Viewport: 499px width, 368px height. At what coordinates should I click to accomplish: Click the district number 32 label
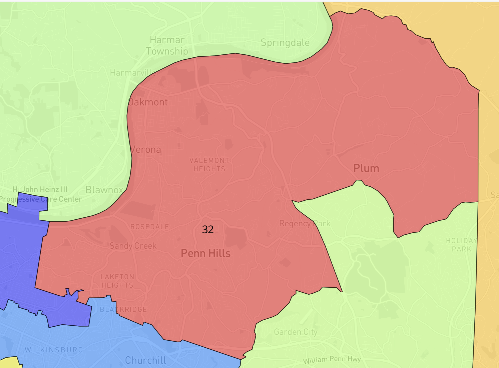pyautogui.click(x=208, y=229)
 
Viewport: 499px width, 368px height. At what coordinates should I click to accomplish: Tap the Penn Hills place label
pyautogui.click(x=205, y=253)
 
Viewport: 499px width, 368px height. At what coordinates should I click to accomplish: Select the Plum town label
pyautogui.click(x=366, y=168)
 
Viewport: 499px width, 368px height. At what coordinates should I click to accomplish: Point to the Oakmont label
pyautogui.click(x=148, y=102)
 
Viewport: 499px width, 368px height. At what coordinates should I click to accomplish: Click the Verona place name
pyautogui.click(x=146, y=149)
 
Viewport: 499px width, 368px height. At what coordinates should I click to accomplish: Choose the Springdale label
pyautogui.click(x=285, y=43)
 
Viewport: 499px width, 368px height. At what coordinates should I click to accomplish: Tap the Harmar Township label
pyautogui.click(x=167, y=45)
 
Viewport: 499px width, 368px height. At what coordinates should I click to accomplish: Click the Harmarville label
pyautogui.click(x=133, y=73)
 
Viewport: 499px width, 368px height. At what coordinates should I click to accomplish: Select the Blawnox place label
pyautogui.click(x=104, y=190)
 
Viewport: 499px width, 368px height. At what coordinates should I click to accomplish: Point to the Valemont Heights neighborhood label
pyautogui.click(x=209, y=165)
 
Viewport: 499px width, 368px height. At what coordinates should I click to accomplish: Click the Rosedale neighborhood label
pyautogui.click(x=150, y=227)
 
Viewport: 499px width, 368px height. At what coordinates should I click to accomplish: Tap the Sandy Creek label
pyautogui.click(x=133, y=246)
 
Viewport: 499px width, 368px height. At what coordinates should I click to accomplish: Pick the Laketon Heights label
pyautogui.click(x=117, y=281)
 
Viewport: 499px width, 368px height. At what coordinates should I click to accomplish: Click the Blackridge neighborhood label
pyautogui.click(x=123, y=309)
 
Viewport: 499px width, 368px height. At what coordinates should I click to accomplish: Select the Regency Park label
pyautogui.click(x=305, y=223)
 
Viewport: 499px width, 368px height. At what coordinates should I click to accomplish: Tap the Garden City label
pyautogui.click(x=296, y=332)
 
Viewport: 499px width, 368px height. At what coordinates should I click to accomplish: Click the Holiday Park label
pyautogui.click(x=461, y=245)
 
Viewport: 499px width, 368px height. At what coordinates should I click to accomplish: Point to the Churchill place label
pyautogui.click(x=145, y=360)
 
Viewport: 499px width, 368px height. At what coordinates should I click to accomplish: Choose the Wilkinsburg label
pyautogui.click(x=54, y=350)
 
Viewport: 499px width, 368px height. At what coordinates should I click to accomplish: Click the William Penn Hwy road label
pyautogui.click(x=332, y=359)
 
